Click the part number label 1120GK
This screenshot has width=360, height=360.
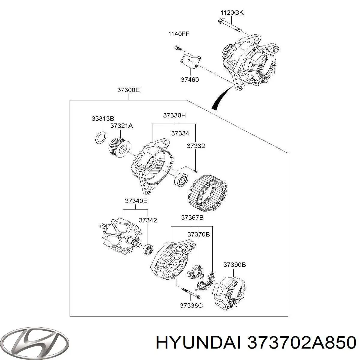pyautogui.click(x=232, y=13)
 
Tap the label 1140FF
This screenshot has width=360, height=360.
pyautogui.click(x=178, y=34)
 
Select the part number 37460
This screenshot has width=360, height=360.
pyautogui.click(x=190, y=80)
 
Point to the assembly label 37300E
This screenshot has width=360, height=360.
pyautogui.click(x=128, y=90)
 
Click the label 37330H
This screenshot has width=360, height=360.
pyautogui.click(x=175, y=115)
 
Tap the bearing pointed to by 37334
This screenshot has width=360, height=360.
pyautogui.click(x=181, y=180)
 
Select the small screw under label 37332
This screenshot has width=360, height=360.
pyautogui.click(x=195, y=171)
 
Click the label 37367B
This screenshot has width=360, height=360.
pyautogui.click(x=192, y=217)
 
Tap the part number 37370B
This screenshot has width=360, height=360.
pyautogui.click(x=199, y=234)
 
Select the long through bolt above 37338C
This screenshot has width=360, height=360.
pyautogui.click(x=191, y=293)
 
